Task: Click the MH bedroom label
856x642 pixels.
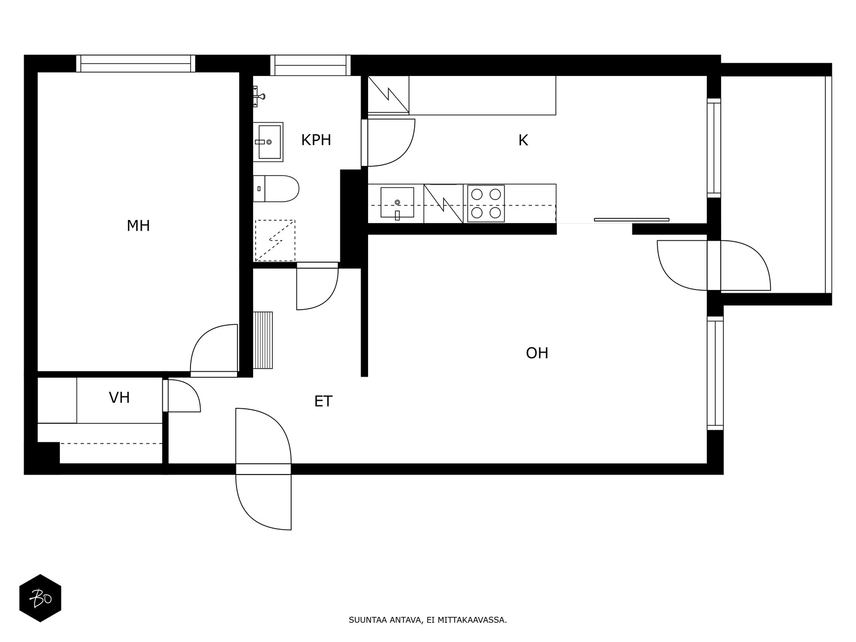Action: [x=138, y=226]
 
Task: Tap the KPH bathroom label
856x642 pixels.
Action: [x=316, y=140]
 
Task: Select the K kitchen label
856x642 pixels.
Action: [x=523, y=140]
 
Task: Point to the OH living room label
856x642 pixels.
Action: [x=537, y=353]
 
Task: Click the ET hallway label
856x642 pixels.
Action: [x=323, y=401]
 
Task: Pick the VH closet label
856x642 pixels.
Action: [x=119, y=398]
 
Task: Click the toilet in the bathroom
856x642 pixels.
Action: [x=276, y=189]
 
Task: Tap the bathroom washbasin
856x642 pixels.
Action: [x=268, y=142]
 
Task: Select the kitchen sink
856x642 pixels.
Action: [x=397, y=203]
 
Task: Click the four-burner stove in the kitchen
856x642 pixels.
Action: [x=486, y=203]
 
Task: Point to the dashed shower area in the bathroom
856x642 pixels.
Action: [x=275, y=241]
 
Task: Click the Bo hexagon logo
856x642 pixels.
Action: [x=40, y=598]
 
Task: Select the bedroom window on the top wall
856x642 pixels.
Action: [x=136, y=64]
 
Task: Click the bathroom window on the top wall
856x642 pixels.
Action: [x=310, y=65]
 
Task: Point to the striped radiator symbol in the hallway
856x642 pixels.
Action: [x=263, y=340]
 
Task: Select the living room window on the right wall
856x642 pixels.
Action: [x=715, y=373]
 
